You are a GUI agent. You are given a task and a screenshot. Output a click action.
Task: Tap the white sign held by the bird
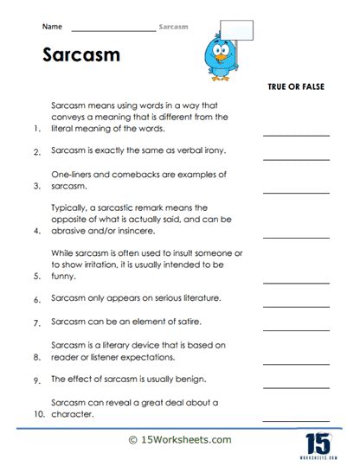click(x=237, y=31)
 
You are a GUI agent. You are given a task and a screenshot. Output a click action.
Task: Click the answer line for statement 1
click(x=296, y=134)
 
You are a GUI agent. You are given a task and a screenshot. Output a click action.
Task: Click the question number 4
click(x=36, y=232)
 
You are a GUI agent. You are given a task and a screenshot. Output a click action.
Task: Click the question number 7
click(x=36, y=324)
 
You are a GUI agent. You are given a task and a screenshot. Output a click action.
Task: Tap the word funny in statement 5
click(x=64, y=278)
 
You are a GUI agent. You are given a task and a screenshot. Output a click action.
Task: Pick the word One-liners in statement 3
click(x=72, y=174)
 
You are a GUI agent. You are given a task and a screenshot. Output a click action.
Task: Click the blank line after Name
click(x=113, y=30)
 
